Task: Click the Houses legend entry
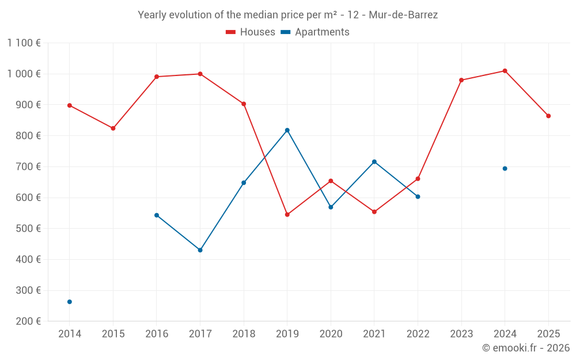(x=251, y=32)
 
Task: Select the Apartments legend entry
(x=315, y=32)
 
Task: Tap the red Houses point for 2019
(x=287, y=215)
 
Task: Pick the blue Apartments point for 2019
(x=287, y=130)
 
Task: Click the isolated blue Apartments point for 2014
(x=70, y=302)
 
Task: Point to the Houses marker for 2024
(x=505, y=71)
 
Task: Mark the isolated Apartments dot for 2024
(x=505, y=169)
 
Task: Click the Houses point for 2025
(x=548, y=116)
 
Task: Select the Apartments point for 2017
(x=200, y=250)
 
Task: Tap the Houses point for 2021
(x=374, y=212)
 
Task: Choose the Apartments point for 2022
(x=418, y=196)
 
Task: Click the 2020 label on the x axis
(x=331, y=334)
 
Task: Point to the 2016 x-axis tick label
(x=157, y=334)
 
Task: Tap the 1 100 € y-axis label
(x=24, y=43)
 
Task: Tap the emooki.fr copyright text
(x=526, y=348)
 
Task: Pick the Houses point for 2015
(x=113, y=128)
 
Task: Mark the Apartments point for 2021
(x=374, y=162)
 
